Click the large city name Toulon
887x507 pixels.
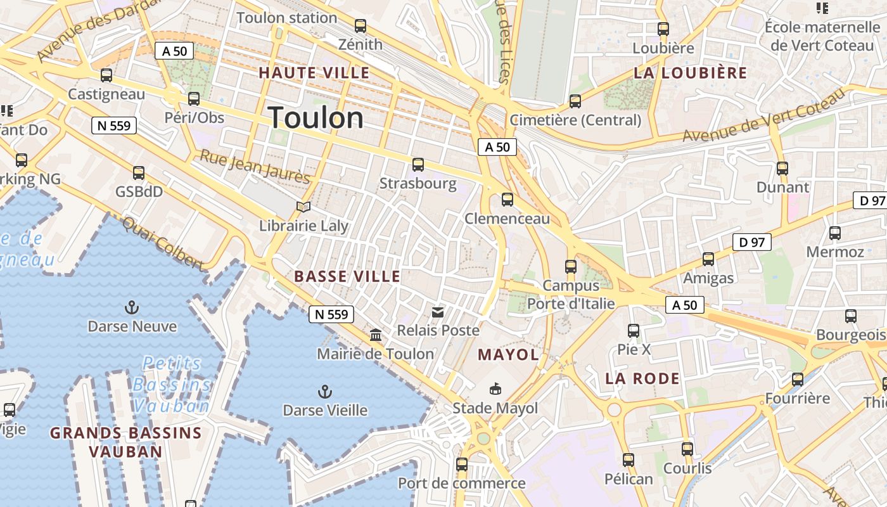tap(316, 118)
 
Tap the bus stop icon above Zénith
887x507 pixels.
tap(361, 26)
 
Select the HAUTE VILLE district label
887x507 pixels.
tap(314, 73)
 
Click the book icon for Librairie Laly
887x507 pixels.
tap(303, 207)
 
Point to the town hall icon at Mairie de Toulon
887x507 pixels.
tap(376, 335)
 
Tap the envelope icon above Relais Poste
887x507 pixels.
tap(438, 312)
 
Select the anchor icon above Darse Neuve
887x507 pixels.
tap(132, 308)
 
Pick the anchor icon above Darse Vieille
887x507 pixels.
tap(325, 392)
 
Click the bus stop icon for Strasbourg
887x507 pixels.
tap(418, 165)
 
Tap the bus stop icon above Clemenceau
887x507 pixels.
tap(507, 200)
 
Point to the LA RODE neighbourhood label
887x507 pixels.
tap(642, 379)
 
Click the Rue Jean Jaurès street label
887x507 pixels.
tap(255, 166)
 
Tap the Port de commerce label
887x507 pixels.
tap(461, 484)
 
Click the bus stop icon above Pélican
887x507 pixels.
tap(628, 460)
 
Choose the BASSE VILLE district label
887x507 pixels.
tap(347, 276)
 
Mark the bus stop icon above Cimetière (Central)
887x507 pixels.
tap(575, 101)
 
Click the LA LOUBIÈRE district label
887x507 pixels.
tap(691, 73)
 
